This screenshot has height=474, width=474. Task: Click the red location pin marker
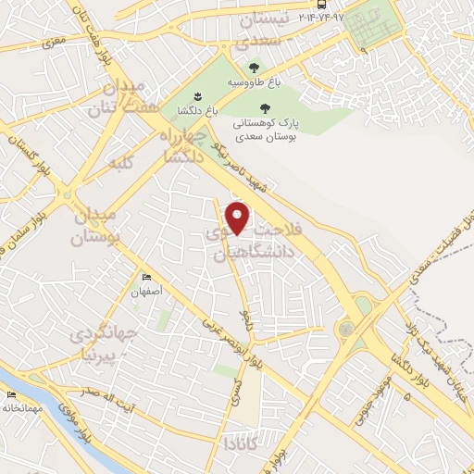239,218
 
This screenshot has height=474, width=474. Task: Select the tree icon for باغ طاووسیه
254,68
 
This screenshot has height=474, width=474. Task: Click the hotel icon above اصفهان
146,278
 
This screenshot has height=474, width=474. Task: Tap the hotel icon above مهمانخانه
11,395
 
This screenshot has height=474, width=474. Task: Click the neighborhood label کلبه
122,164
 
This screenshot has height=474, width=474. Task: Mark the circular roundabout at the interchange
347,329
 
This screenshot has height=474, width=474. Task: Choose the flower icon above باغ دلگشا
198,95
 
